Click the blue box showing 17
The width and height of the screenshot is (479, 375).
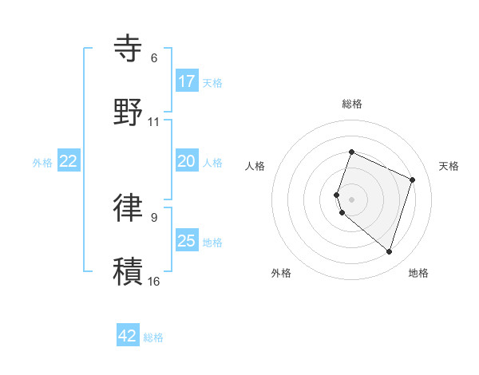tap(187, 81)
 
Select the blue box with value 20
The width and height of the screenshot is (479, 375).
tap(187, 161)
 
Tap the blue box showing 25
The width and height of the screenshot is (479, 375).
tap(187, 241)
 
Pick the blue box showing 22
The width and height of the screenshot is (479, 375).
tap(69, 161)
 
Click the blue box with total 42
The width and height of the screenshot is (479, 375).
tap(128, 336)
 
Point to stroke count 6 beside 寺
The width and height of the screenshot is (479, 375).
tap(154, 58)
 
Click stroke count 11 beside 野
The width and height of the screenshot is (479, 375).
tap(154, 122)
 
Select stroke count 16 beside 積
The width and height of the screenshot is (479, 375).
tap(154, 281)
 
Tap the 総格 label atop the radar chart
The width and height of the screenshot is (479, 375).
tap(352, 104)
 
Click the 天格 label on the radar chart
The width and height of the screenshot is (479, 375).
tap(449, 166)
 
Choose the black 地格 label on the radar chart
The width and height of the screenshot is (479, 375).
tap(418, 273)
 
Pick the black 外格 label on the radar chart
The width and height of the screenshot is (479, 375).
tap(281, 273)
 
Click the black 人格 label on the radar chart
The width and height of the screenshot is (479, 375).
tap(255, 166)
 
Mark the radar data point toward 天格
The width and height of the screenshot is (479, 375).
tap(413, 180)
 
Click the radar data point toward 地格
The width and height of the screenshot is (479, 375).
tap(390, 252)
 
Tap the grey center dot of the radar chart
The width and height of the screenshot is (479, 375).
tap(352, 199)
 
